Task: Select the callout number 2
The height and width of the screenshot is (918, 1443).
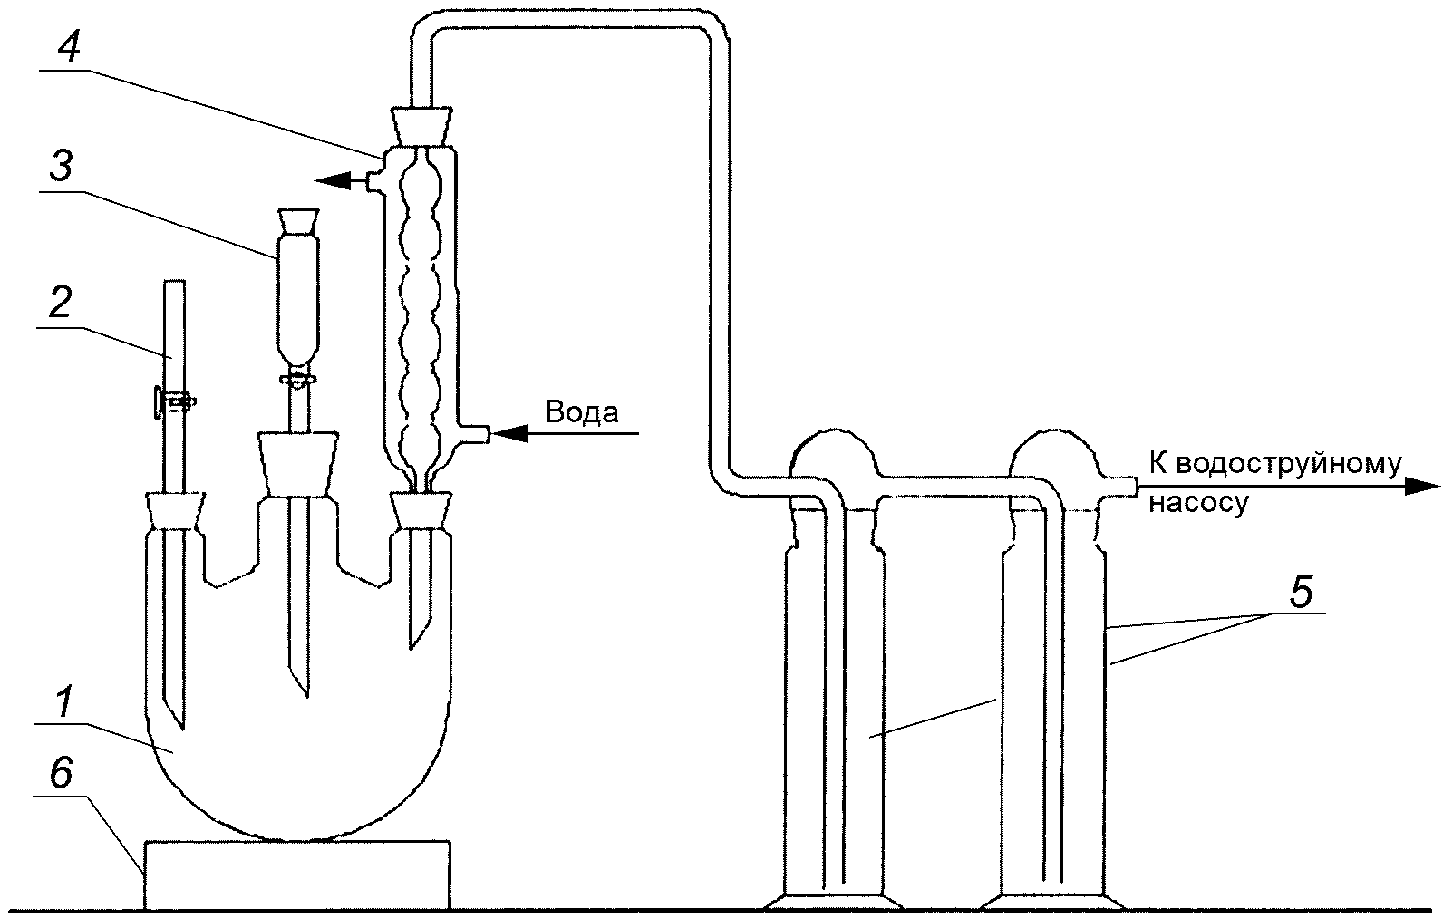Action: point(61,302)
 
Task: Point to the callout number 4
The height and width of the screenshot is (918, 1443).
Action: point(68,45)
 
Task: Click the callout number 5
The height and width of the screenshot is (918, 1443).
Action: point(1301,592)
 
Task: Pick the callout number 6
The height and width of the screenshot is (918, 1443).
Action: point(62,772)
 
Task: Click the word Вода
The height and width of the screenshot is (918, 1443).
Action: point(582,411)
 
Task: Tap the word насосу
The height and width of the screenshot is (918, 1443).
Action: point(1199,503)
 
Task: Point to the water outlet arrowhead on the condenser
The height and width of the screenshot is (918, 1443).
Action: point(333,180)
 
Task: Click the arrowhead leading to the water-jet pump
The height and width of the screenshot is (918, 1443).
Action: point(1422,487)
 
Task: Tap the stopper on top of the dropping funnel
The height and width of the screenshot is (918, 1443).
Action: point(297,222)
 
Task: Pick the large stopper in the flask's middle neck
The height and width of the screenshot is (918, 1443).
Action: point(297,463)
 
